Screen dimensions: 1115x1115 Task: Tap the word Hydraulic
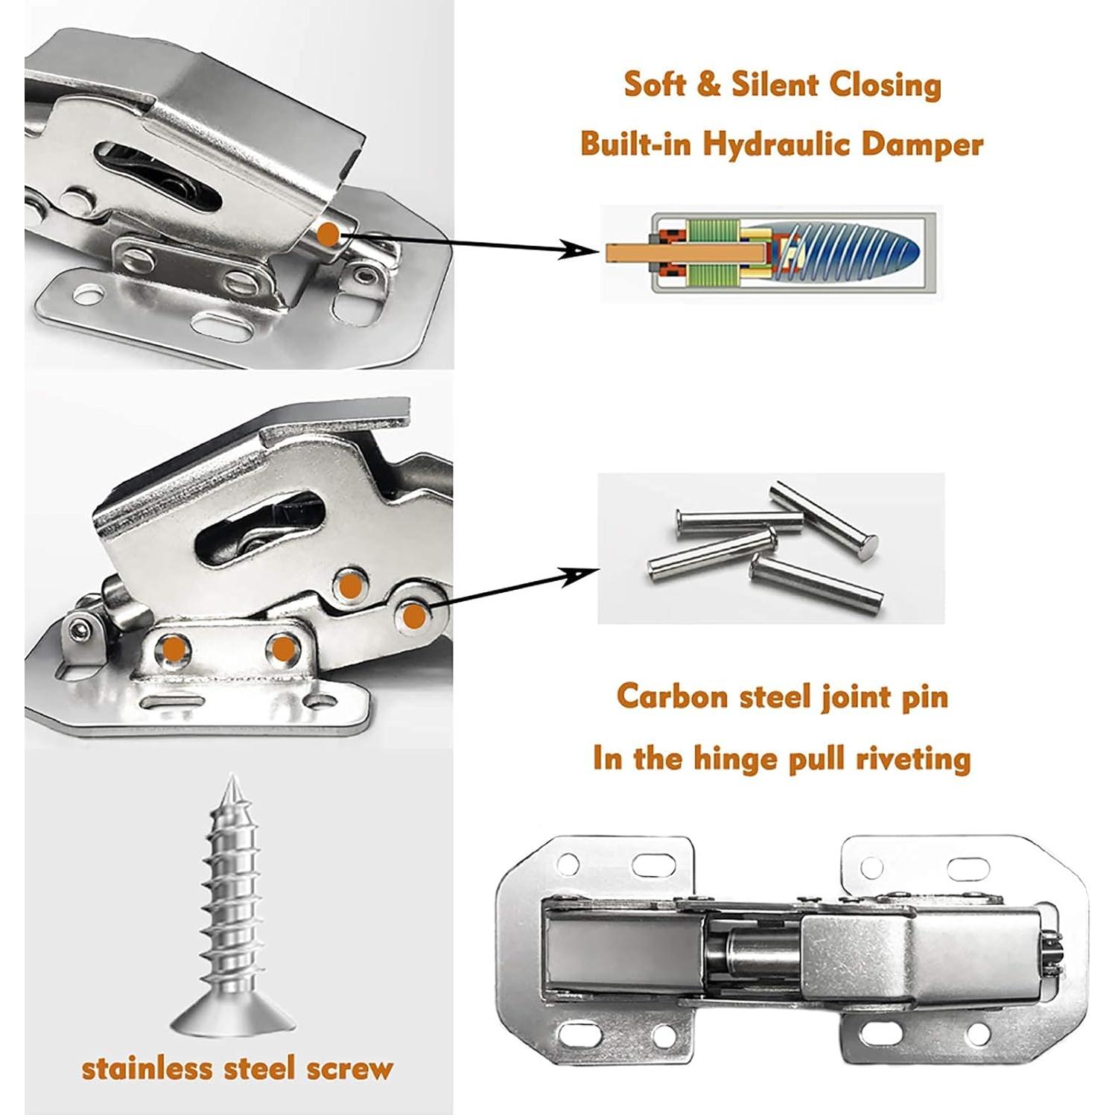click(x=778, y=144)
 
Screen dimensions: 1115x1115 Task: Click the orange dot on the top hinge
click(x=327, y=235)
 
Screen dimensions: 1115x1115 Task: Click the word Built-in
click(x=638, y=143)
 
